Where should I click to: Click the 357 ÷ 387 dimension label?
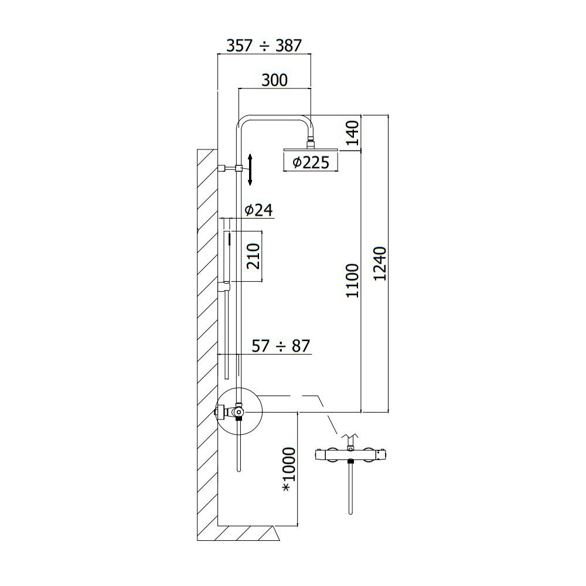(x=264, y=46)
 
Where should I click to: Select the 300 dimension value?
(x=275, y=80)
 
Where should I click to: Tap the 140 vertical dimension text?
(x=352, y=133)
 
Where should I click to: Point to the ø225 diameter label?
(x=311, y=162)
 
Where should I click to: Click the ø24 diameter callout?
(x=258, y=210)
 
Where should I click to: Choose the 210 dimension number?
(x=253, y=256)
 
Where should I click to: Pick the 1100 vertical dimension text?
(x=352, y=281)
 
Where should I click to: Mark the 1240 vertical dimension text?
(x=380, y=264)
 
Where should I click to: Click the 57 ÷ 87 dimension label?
(x=281, y=346)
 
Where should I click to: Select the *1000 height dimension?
(x=289, y=469)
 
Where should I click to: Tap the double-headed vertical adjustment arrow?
(x=250, y=169)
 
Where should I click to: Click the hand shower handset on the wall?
(x=226, y=258)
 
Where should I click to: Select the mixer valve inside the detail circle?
(x=231, y=411)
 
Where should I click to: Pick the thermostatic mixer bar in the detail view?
(x=350, y=455)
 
